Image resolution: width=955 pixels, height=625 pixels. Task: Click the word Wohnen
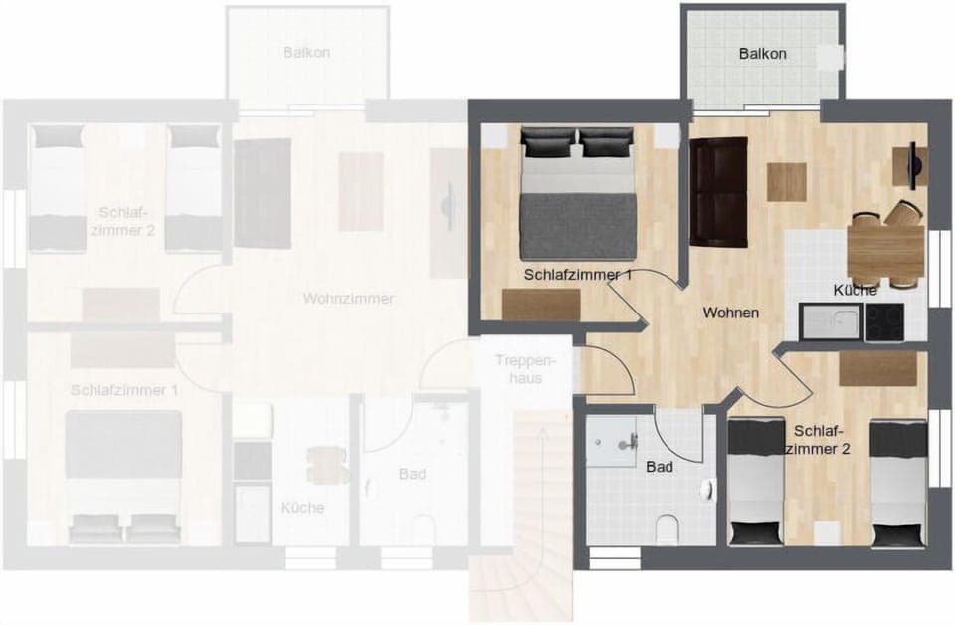(x=731, y=312)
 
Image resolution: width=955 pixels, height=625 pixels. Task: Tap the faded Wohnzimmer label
(x=348, y=299)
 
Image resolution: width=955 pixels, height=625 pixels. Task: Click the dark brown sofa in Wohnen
(x=718, y=191)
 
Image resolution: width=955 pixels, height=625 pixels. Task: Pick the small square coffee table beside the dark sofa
(x=786, y=182)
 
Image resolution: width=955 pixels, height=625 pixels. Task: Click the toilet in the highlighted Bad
(x=668, y=526)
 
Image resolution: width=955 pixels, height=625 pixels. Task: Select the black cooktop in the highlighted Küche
(x=883, y=322)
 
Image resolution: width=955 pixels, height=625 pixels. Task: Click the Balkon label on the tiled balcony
(x=763, y=54)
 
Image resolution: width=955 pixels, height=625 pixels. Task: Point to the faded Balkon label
(x=306, y=53)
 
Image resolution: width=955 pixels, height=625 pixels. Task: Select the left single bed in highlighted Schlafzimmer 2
(x=756, y=483)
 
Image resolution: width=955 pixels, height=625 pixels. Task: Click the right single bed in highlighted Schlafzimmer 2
(x=899, y=483)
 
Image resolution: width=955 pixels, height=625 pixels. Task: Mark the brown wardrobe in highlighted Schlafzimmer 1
(x=541, y=304)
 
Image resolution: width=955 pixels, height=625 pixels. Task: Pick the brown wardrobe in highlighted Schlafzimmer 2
(x=877, y=369)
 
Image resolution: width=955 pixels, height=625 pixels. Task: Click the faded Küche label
(x=302, y=508)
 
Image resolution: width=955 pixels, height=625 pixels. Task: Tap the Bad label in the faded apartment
(x=412, y=474)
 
